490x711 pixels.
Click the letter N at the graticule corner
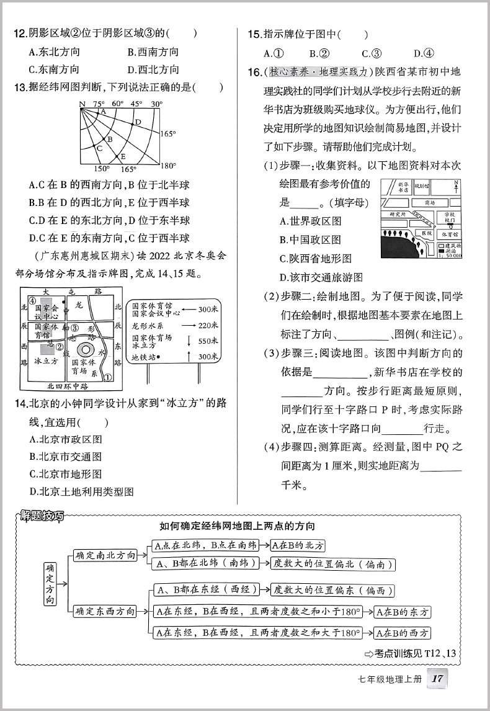click(82, 104)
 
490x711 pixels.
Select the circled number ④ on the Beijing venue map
click(32, 302)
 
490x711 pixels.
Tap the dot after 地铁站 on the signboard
click(159, 357)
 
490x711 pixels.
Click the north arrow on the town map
click(457, 186)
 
